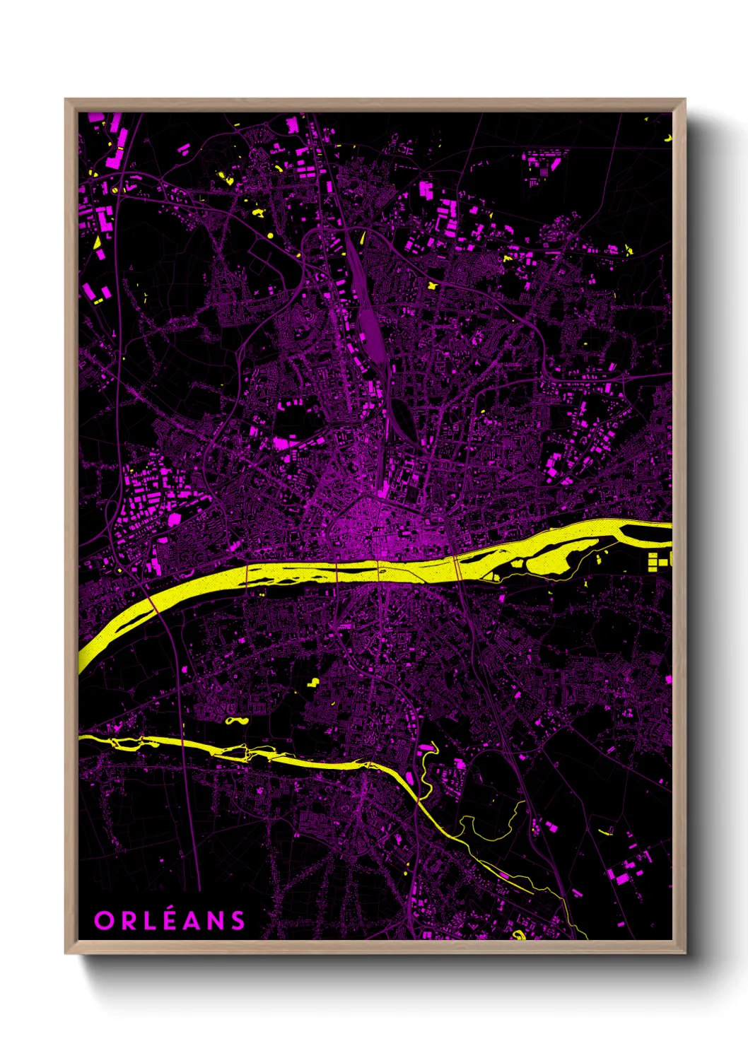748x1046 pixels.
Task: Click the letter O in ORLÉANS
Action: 103,920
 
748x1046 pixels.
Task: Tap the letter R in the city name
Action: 125,920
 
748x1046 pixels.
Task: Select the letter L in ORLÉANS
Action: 145,920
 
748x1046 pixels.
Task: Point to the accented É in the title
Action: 164,919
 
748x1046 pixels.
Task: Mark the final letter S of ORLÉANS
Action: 236,920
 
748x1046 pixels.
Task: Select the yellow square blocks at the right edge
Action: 659,561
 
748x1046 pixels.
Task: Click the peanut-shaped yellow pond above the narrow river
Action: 237,722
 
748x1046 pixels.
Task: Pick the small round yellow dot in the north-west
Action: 270,235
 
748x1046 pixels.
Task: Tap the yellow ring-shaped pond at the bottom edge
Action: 520,935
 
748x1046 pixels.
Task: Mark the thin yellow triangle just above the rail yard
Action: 362,238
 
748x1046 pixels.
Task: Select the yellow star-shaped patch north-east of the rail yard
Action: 433,286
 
